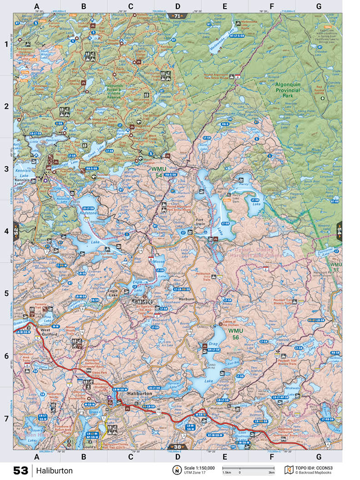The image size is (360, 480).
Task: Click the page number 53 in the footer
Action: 20,470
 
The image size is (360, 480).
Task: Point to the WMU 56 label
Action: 236,334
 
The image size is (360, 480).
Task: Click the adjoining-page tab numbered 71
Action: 176,15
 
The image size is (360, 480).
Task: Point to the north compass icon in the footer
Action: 176,470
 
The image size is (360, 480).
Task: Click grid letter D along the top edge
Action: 177,6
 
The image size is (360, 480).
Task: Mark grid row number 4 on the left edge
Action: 6,231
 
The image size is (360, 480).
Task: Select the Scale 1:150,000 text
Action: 200,468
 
